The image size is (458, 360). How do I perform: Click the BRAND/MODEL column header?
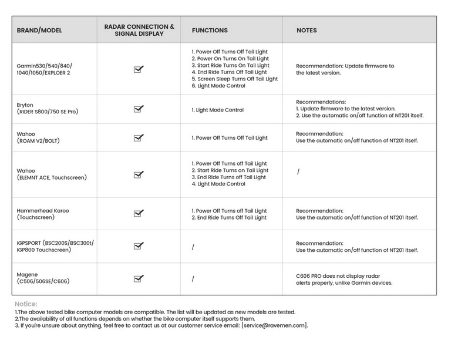[x=39, y=31]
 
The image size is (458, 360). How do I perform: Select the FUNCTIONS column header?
[x=210, y=31]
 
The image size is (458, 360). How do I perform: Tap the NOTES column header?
[x=307, y=31]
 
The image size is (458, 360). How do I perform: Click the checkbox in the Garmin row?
[x=139, y=69]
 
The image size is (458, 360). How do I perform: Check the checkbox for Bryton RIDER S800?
[x=139, y=109]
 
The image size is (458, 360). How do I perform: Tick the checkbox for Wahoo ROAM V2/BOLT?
[x=139, y=138]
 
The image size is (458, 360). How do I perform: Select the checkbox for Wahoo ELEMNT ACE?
[x=139, y=174]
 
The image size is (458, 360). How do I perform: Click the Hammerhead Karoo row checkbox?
[x=139, y=214]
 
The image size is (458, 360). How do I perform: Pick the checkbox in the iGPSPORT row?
[x=139, y=246]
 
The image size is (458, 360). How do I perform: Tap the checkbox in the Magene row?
[x=139, y=279]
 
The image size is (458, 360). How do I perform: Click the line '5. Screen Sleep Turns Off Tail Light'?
[x=235, y=79]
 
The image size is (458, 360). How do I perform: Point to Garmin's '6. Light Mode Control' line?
[x=218, y=86]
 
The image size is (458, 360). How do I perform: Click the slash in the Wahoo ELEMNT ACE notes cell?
[x=298, y=172]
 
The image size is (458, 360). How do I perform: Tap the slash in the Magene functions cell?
[x=193, y=279]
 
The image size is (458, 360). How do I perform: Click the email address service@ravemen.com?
[x=274, y=325]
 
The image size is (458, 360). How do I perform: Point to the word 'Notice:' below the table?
[x=26, y=304]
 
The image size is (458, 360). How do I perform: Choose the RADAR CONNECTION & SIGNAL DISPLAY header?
[x=139, y=31]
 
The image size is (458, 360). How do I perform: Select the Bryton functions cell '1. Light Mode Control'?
[x=218, y=110]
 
